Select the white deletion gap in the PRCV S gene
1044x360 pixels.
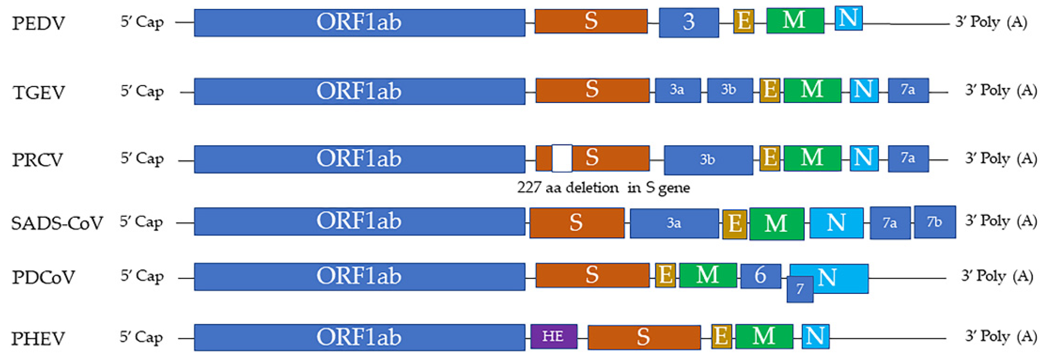click(x=562, y=158)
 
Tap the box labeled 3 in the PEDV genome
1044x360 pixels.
click(x=689, y=22)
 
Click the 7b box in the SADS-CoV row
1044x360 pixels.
click(x=934, y=222)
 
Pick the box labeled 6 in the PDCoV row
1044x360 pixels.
click(x=760, y=276)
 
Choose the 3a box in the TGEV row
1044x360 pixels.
click(x=677, y=90)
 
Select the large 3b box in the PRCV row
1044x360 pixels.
click(x=708, y=160)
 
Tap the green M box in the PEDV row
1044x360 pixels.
click(x=795, y=20)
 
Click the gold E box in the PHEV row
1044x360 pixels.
click(x=721, y=336)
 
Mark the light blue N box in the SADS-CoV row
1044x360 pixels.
click(x=836, y=222)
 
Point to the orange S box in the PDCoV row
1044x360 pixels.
click(x=592, y=275)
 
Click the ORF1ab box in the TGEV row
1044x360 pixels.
click(x=359, y=91)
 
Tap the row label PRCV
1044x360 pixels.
click(x=38, y=160)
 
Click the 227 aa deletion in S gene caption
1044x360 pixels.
click(x=603, y=188)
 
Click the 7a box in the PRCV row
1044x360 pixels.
click(x=908, y=159)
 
